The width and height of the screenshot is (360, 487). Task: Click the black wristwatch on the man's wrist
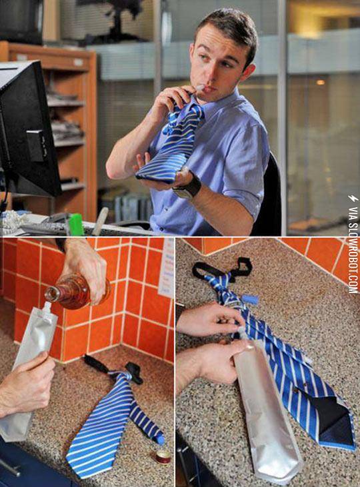[x=189, y=187]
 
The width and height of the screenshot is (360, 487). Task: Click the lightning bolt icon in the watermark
[x=353, y=199]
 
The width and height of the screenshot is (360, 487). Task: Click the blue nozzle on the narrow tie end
[x=160, y=440]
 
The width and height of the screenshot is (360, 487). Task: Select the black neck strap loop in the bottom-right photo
[x=223, y=268]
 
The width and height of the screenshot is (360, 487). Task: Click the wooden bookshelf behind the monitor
[x=70, y=120]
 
